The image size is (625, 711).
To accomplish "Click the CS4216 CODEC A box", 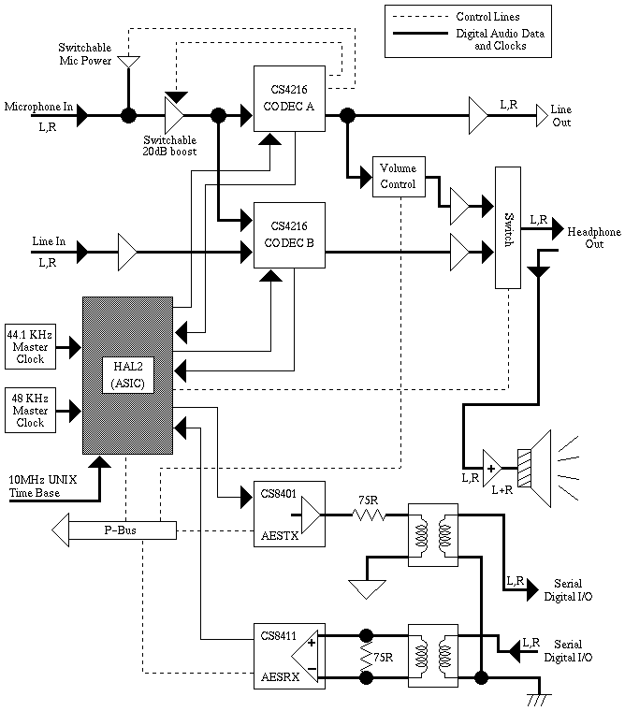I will click(x=289, y=98).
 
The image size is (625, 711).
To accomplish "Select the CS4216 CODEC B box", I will click(x=289, y=235).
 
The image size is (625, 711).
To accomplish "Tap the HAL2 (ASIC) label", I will click(x=128, y=375).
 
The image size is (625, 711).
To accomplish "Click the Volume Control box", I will click(x=398, y=176).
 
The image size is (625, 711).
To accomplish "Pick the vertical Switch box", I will click(x=508, y=227).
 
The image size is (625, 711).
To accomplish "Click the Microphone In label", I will click(x=37, y=105).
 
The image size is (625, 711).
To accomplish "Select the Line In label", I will click(x=49, y=241).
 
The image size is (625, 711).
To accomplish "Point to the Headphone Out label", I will click(x=590, y=237).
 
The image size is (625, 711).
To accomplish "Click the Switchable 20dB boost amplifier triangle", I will click(x=175, y=116).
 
